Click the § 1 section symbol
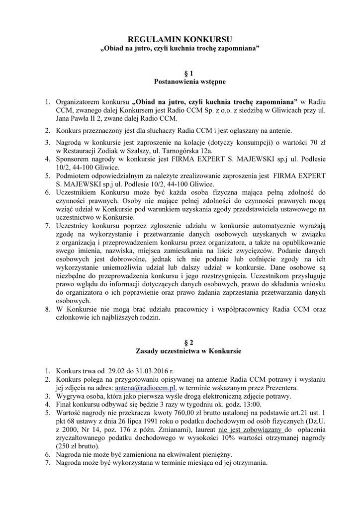coord(180,73)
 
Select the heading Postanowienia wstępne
coord(180,81)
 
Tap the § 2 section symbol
coord(180,342)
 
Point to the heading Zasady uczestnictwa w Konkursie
coord(180,351)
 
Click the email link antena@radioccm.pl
coord(145,387)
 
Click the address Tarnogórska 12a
coord(187,151)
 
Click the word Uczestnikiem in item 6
coord(77,191)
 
